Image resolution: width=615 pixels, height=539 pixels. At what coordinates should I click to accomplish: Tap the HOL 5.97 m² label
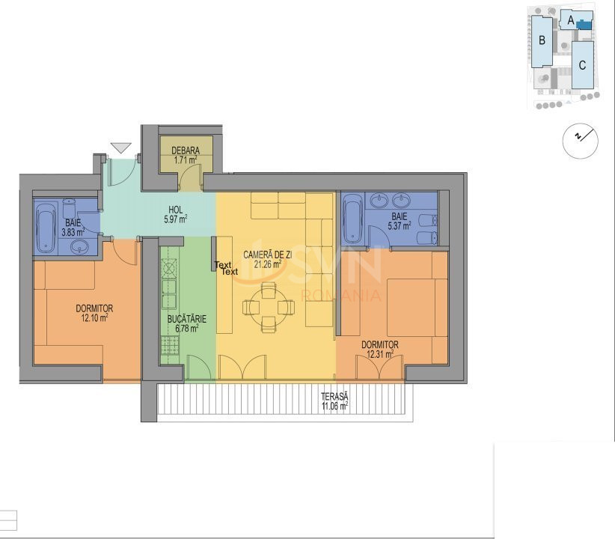click(175, 215)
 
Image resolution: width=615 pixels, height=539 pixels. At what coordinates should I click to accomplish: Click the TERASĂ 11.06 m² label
click(334, 401)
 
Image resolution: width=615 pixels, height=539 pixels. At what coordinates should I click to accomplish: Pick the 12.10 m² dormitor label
click(94, 312)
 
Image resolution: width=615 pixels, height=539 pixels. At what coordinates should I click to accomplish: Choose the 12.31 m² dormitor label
click(379, 350)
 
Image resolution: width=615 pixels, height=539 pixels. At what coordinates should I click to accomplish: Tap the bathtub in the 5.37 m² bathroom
click(352, 218)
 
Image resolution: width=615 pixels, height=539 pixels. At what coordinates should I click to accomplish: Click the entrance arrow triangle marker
click(120, 147)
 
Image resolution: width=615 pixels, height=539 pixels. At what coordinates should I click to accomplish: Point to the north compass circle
click(580, 140)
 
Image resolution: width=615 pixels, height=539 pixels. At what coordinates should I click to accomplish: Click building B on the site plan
click(542, 41)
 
